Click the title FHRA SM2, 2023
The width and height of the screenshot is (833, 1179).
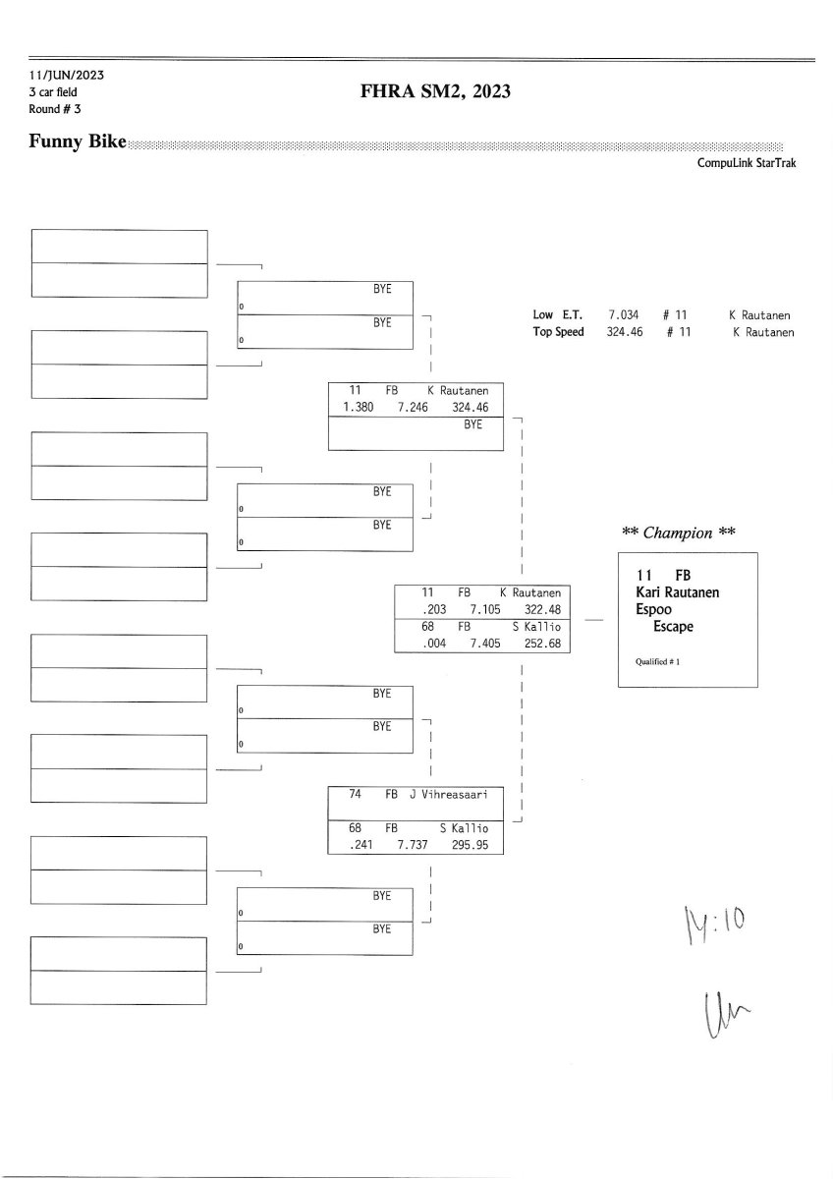point(436,93)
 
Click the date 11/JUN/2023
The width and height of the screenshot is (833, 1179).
point(67,75)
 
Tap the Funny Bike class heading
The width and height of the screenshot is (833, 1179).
point(79,142)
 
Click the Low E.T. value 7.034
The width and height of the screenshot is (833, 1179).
point(623,315)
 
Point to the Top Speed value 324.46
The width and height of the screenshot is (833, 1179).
point(623,332)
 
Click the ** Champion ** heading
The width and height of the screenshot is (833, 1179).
point(678,533)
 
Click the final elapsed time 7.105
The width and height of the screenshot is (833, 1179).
point(487,609)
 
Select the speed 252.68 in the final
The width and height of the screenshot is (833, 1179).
point(542,643)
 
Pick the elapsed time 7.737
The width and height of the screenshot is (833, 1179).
point(414,845)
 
